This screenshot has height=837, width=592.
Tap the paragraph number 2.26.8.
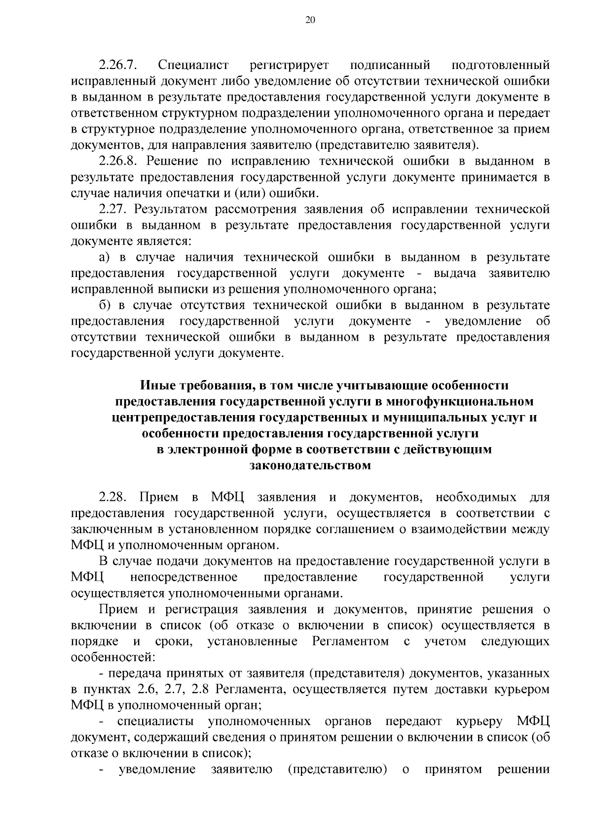pyautogui.click(x=120, y=161)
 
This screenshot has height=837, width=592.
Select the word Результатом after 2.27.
pyautogui.click(x=171, y=209)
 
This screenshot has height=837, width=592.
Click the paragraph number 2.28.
pyautogui.click(x=114, y=497)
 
